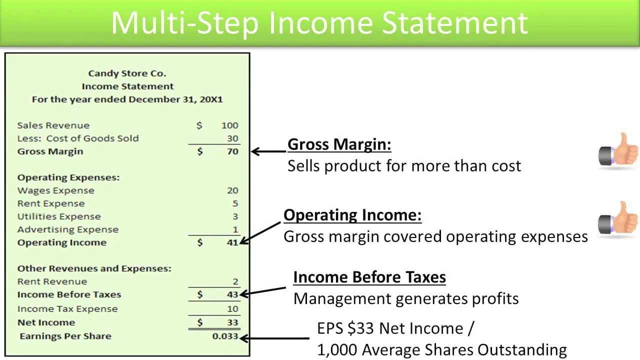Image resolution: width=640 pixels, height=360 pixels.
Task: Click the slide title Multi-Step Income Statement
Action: coord(319,22)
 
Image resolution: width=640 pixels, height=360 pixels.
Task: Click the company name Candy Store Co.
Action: coord(127,73)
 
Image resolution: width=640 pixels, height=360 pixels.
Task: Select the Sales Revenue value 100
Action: coord(229,125)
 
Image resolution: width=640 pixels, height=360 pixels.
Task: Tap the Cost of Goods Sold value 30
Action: coord(232,138)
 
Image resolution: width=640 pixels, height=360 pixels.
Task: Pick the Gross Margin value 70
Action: coord(232,151)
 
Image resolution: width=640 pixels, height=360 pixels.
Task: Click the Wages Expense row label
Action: coord(55,190)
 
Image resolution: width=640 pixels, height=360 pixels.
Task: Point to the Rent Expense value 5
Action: coord(235,203)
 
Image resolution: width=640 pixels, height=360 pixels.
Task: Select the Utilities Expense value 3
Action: coord(235,216)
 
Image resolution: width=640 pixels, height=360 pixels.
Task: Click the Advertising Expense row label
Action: coord(67,229)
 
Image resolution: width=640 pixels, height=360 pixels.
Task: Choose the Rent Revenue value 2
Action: coord(235,281)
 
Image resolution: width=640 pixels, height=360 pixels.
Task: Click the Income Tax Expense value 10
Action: coord(232,309)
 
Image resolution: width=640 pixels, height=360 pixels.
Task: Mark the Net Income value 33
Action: coord(232,322)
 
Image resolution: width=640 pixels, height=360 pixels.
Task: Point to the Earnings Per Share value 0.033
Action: coord(225,336)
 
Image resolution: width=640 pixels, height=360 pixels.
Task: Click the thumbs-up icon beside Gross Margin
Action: coord(618,149)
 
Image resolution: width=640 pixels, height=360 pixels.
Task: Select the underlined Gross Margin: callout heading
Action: coord(339,144)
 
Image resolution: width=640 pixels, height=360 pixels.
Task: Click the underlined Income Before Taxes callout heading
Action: coord(369,277)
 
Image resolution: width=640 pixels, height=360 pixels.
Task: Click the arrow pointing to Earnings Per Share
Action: coord(275,338)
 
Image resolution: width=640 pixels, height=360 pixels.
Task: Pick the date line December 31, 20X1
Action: coord(127,99)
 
